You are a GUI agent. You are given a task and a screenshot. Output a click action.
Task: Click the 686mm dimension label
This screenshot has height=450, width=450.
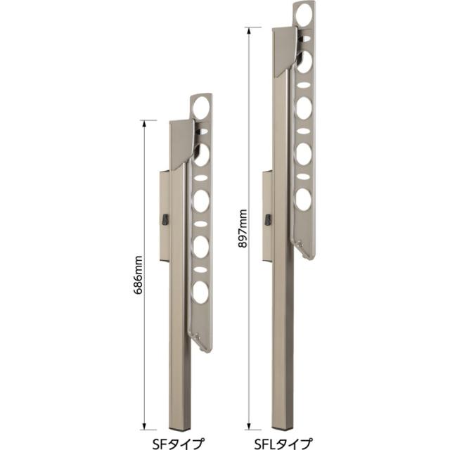point(139,275)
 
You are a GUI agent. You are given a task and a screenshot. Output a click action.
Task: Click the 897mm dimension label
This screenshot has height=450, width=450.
point(243,229)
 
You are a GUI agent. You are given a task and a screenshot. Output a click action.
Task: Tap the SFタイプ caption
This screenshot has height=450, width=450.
point(179,443)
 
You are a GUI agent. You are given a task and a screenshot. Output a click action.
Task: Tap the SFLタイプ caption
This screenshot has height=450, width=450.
point(283,443)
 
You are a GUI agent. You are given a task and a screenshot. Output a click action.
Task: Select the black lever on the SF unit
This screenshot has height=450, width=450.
point(166,219)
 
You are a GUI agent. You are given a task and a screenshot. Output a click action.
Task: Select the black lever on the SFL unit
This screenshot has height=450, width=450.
point(268,219)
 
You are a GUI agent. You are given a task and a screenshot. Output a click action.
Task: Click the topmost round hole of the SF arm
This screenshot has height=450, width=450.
point(201,107)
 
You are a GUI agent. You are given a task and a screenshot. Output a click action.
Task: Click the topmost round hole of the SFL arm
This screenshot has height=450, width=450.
point(304,13)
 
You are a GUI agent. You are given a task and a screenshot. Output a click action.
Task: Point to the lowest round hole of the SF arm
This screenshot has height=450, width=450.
point(201,292)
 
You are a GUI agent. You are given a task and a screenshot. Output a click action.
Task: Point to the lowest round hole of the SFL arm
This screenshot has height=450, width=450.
point(303,199)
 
